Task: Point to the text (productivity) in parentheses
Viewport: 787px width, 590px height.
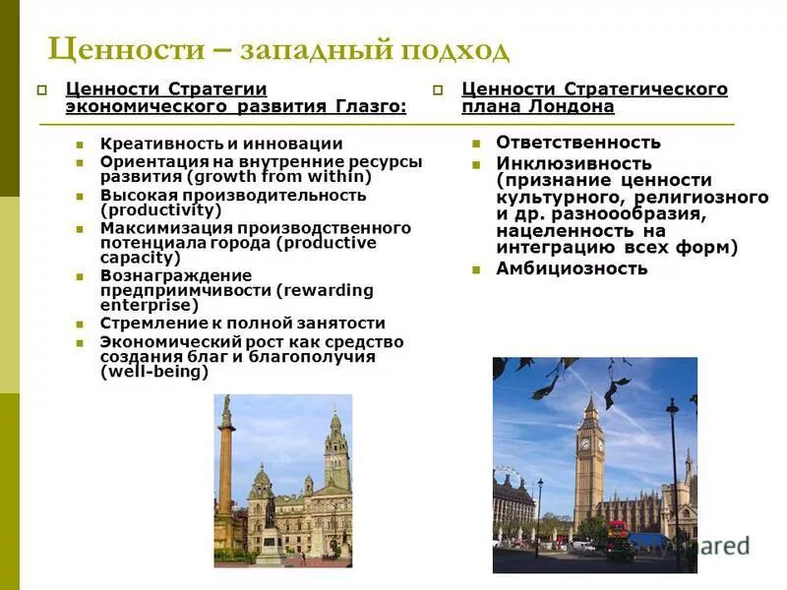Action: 161,209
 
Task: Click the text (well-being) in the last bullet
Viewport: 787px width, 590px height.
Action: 154,372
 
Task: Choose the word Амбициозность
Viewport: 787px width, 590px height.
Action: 572,268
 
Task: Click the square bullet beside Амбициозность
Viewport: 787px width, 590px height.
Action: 476,269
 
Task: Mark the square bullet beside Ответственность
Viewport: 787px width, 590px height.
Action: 476,143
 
